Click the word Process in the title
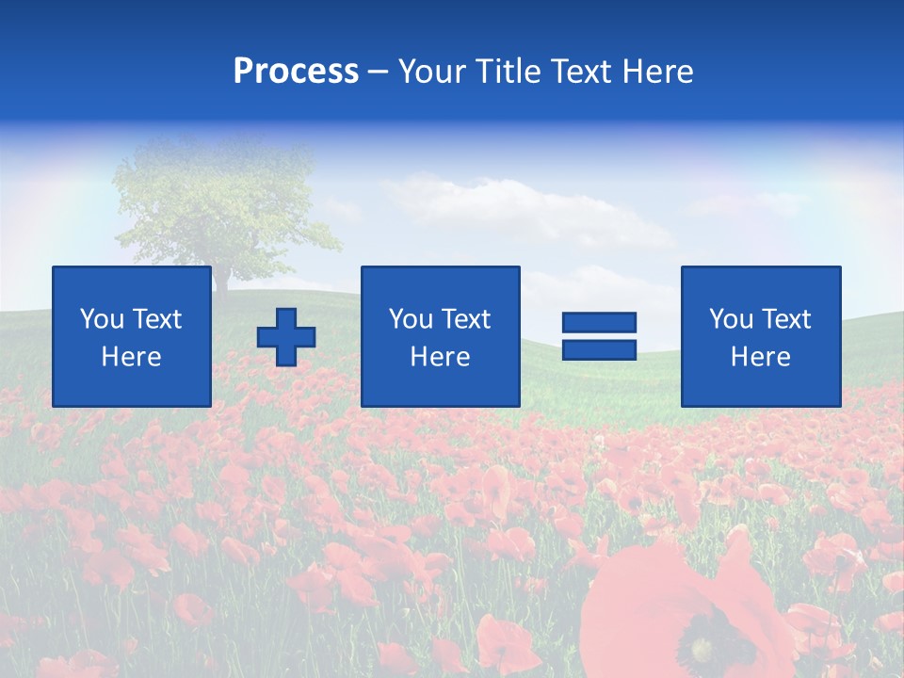(x=296, y=72)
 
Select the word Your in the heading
(x=430, y=72)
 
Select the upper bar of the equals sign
(x=599, y=322)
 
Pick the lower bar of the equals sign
(x=599, y=349)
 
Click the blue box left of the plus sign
(x=132, y=336)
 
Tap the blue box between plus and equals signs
(x=440, y=336)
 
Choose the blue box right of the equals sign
(x=761, y=336)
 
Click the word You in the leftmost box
(x=101, y=319)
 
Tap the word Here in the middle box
(x=440, y=357)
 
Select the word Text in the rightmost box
(x=786, y=319)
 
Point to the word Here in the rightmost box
(x=761, y=357)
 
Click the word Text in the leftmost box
(x=157, y=319)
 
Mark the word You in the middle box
(x=410, y=319)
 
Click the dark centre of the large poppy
(x=702, y=650)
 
